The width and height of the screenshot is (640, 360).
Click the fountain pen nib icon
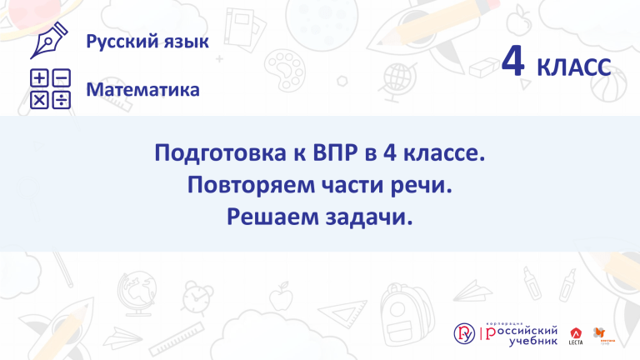[x=48, y=40]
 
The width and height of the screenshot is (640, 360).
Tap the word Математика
[x=142, y=90]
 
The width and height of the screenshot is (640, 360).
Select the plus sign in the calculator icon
[x=40, y=78]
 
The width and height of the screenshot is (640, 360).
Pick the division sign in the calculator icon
[x=62, y=100]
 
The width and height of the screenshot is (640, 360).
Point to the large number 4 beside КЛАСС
[x=513, y=61]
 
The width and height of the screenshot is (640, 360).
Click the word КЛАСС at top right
[x=574, y=67]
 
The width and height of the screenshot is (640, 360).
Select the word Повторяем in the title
[x=251, y=186]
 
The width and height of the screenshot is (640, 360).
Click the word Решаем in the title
[x=272, y=217]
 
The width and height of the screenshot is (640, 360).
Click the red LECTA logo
[x=576, y=336]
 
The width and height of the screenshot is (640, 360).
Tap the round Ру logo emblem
[x=464, y=333]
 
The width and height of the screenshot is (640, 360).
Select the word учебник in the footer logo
[x=533, y=340]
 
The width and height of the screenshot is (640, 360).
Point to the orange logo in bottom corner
[x=602, y=336]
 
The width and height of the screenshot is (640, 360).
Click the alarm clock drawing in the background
[x=197, y=298]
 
